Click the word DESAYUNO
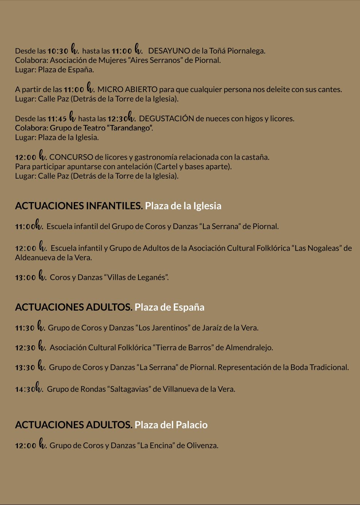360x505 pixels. [169, 51]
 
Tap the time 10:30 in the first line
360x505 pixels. [58, 51]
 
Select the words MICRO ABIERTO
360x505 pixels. [127, 90]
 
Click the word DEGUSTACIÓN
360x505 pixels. [166, 118]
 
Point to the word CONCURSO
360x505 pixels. [71, 157]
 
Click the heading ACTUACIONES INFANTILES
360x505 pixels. [78, 206]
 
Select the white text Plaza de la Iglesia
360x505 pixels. [183, 206]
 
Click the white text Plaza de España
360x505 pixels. [169, 307]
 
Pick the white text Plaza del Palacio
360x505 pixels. [171, 425]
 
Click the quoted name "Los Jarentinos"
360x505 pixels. [163, 328]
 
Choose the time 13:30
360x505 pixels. [25, 368]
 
